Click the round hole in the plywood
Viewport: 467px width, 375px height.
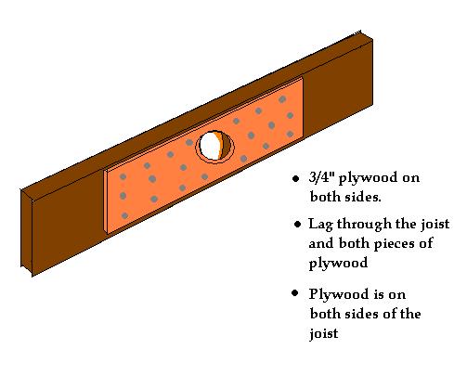(x=214, y=147)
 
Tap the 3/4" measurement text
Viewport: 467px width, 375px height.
(x=322, y=177)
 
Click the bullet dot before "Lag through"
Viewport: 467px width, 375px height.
(x=297, y=224)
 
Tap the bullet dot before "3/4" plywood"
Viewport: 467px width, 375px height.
(x=296, y=178)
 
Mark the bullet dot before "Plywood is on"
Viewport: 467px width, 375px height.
(x=295, y=292)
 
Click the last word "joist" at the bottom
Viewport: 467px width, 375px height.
(x=324, y=333)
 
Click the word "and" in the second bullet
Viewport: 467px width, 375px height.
(x=322, y=243)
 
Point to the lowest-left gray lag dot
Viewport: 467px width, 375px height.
(x=124, y=215)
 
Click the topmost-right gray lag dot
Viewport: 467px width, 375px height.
(x=282, y=99)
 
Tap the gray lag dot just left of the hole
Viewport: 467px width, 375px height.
(x=189, y=143)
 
